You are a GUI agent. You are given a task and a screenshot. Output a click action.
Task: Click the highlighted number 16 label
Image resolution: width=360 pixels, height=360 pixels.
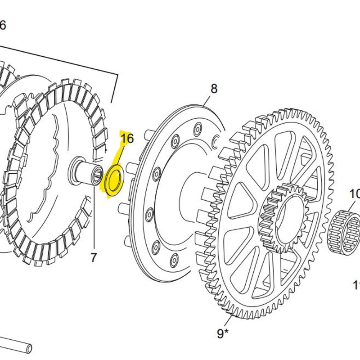pos(127,138)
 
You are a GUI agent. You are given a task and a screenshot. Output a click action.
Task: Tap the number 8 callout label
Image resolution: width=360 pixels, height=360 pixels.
pos(213,89)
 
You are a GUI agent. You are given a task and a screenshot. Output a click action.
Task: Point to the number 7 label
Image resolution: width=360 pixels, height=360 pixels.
pos(94,258)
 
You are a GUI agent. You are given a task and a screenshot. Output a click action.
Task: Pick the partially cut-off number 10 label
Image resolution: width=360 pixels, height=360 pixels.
pos(355,194)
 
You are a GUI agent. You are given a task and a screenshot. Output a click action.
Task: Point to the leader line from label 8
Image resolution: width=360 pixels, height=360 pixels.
pos(207,100)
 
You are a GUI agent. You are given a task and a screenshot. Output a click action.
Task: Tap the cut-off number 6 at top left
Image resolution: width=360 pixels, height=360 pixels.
pos(3,25)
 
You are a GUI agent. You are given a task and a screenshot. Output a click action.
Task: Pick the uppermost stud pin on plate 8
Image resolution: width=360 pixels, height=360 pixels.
pos(146,134)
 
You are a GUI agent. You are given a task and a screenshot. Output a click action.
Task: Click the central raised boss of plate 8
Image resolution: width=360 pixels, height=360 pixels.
pos(191,198)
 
